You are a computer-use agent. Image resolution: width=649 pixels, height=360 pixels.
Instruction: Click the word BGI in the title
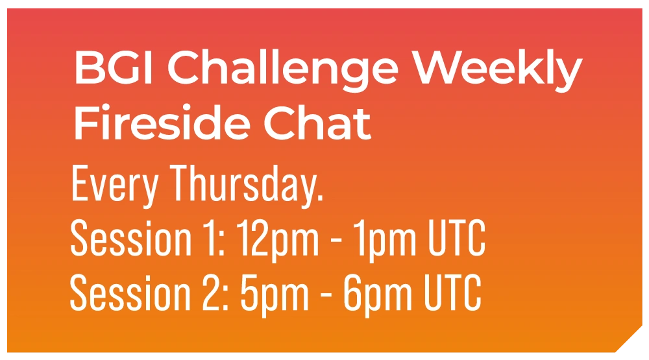pyautogui.click(x=113, y=67)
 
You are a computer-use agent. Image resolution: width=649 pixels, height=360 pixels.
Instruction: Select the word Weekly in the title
pyautogui.click(x=498, y=71)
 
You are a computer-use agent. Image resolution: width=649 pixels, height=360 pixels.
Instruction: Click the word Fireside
pyautogui.click(x=162, y=122)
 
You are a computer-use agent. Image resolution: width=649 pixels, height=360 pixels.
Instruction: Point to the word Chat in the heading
pyautogui.click(x=317, y=122)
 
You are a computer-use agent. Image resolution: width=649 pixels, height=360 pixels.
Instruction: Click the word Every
pyautogui.click(x=115, y=186)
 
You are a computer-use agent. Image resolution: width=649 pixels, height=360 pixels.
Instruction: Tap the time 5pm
pyautogui.click(x=275, y=295)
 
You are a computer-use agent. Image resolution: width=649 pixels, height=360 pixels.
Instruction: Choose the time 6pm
pyautogui.click(x=378, y=295)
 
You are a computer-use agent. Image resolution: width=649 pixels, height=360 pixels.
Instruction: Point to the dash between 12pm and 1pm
pyautogui.click(x=336, y=241)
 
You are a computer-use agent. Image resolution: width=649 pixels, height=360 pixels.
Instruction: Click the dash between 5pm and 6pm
pyautogui.click(x=326, y=294)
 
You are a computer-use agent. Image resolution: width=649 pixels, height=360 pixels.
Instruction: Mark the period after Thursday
pyautogui.click(x=319, y=198)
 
